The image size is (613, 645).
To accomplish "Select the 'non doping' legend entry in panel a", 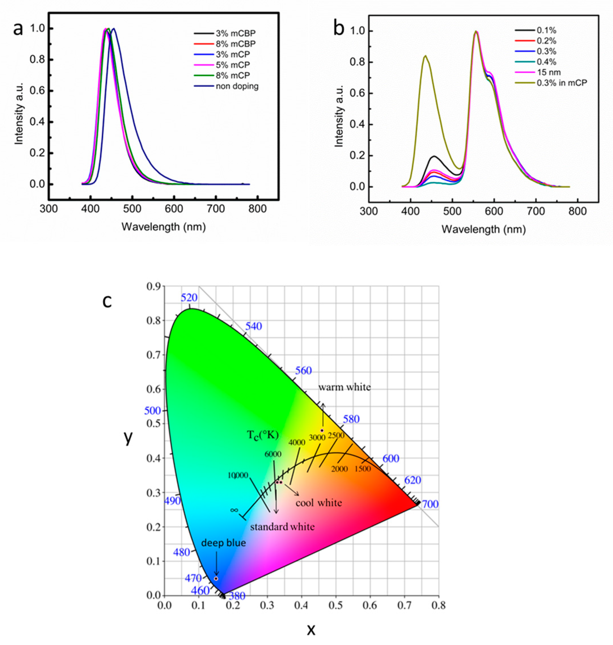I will coord(236,86).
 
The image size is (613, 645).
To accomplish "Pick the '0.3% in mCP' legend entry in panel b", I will coord(561,83).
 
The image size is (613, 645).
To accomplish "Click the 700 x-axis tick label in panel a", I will coord(216,209).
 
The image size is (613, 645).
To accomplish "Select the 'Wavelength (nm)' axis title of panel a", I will coord(164,227).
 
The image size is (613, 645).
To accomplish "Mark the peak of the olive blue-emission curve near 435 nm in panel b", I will coord(425,56).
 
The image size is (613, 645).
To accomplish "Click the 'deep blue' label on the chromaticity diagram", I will coord(223,543).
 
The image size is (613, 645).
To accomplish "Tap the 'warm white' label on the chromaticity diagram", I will coord(344,387).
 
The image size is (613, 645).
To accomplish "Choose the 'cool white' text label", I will coord(319,502).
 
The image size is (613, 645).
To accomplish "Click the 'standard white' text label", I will coord(282,526).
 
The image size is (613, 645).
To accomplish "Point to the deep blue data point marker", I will coord(216,578).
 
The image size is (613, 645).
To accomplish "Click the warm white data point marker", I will coord(322,431).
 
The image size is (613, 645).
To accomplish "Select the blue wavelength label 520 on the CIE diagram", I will coord(189,298).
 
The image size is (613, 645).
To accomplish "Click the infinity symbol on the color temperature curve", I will coord(234,510).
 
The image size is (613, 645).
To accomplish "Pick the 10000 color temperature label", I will coord(238,475).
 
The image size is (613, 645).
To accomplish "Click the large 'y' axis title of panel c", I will coord(128,438).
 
